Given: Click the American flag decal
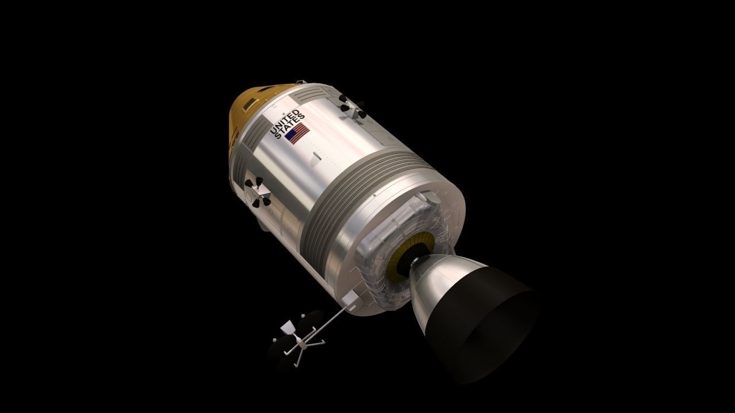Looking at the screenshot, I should point(297,135).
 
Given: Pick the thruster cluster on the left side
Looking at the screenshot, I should point(256,191).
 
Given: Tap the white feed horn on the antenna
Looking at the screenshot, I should point(287,328).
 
